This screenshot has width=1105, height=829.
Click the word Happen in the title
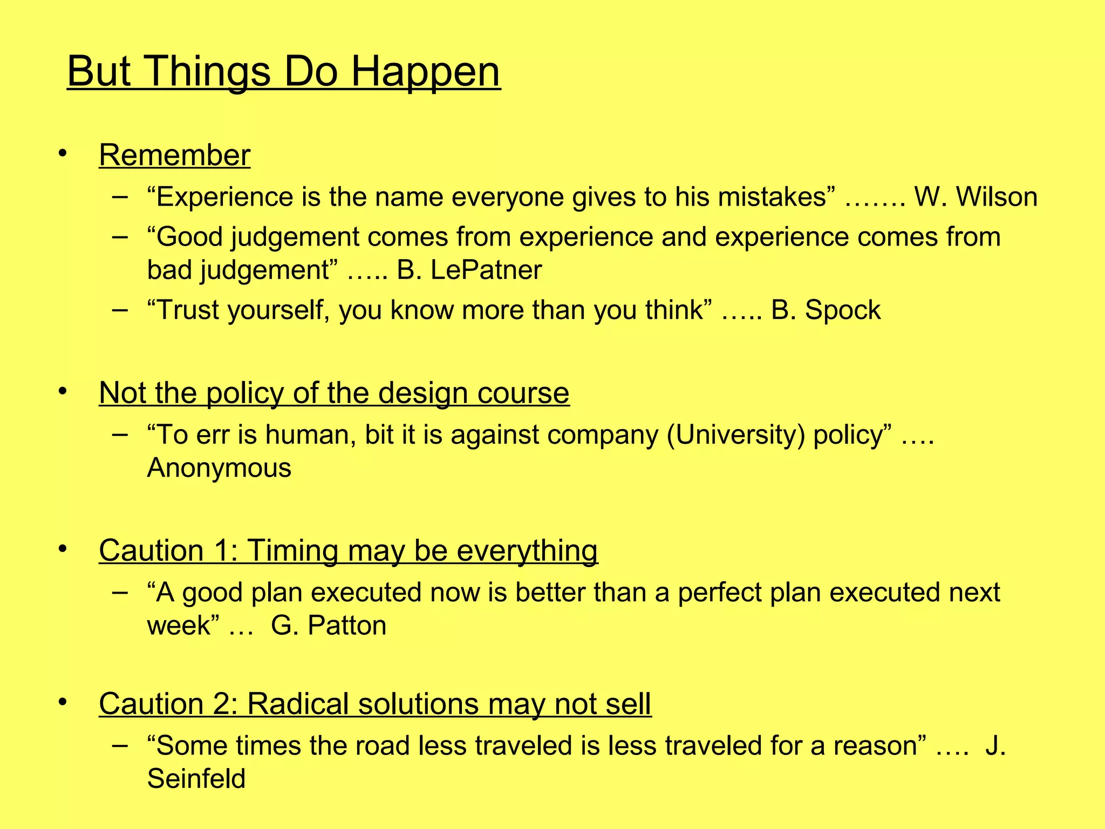pos(426,72)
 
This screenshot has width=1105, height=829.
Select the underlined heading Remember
pos(174,155)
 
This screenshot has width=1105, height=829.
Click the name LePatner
pos(486,270)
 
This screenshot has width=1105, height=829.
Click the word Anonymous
pos(219,467)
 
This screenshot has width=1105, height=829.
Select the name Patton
pos(347,626)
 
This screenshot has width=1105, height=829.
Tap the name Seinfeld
pos(196,778)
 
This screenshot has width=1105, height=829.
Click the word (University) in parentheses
pos(736,434)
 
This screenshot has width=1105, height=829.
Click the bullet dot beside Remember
pos(63,153)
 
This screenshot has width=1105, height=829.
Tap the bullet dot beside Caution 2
pos(63,702)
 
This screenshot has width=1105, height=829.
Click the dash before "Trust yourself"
pos(120,310)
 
